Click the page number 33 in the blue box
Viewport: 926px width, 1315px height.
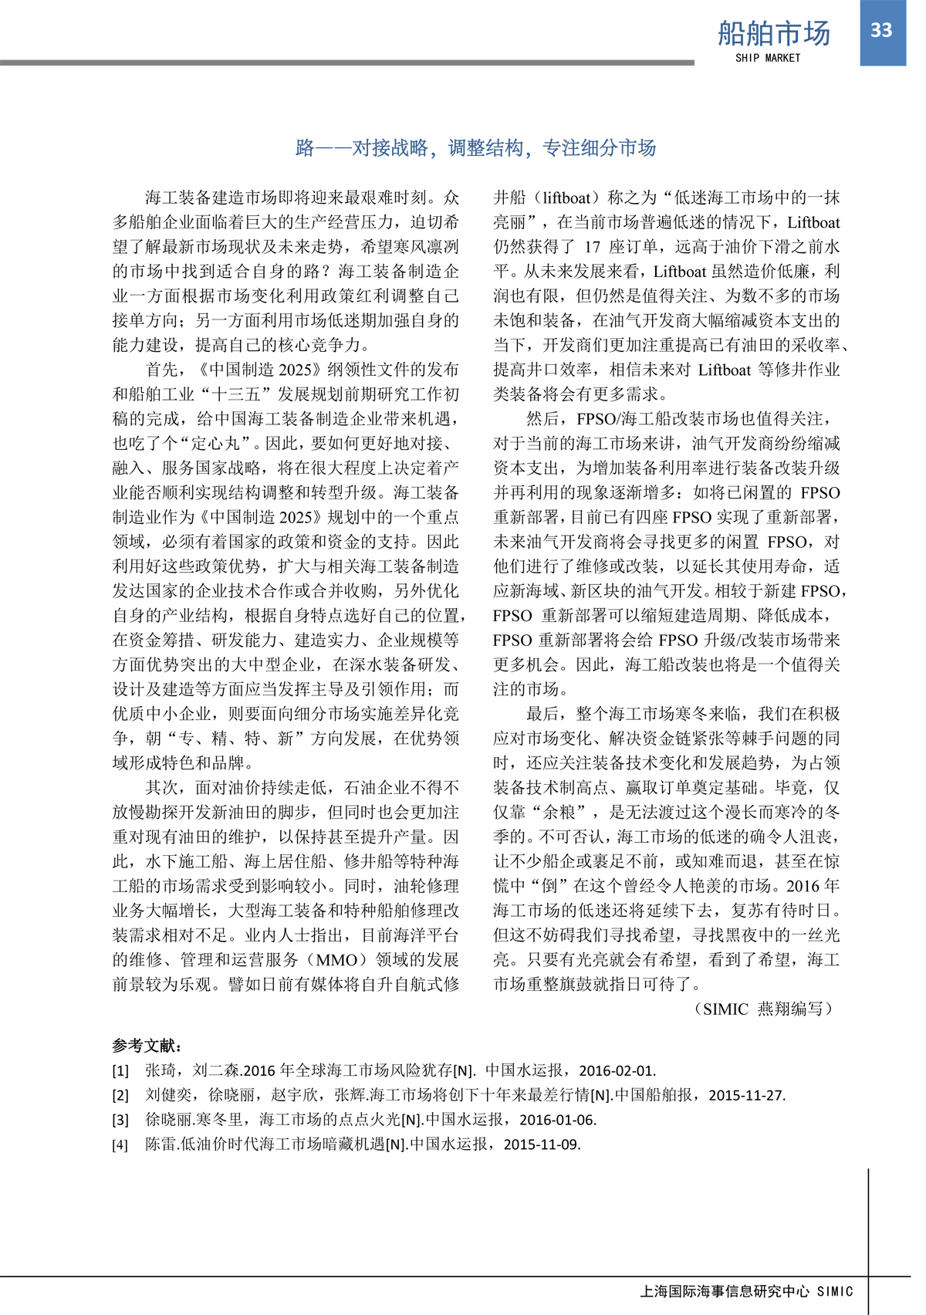click(881, 30)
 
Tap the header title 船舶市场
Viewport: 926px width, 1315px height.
click(773, 33)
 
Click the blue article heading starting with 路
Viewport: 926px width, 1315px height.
click(475, 147)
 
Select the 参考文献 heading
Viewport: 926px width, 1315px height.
click(147, 1046)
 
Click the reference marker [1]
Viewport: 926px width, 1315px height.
click(120, 1070)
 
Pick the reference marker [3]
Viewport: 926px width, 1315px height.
click(120, 1120)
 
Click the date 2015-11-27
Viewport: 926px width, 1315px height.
click(746, 1095)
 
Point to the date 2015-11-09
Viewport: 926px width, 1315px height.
click(542, 1144)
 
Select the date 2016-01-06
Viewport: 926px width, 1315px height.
click(557, 1120)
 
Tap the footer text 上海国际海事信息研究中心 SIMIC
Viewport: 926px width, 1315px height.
click(746, 1291)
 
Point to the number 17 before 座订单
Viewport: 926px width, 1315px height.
click(592, 247)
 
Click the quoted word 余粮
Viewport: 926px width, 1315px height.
click(561, 812)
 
